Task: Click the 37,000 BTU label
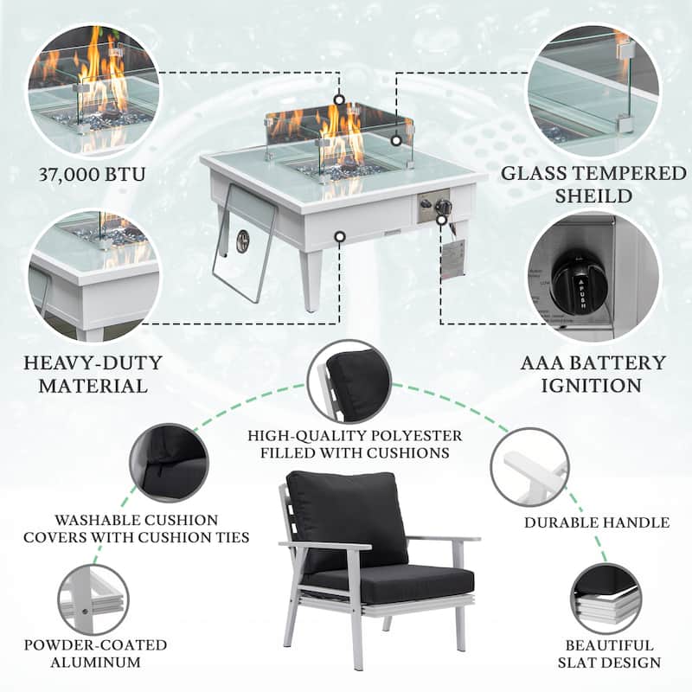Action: point(92,176)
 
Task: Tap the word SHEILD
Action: point(593,197)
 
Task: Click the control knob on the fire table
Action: point(441,207)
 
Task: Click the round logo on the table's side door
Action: point(243,240)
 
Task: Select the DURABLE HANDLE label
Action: point(597,522)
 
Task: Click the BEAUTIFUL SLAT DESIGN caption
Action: point(610,654)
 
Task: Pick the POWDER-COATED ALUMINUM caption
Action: point(95,654)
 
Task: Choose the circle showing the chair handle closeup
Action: point(529,468)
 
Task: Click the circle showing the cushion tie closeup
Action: point(168,462)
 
